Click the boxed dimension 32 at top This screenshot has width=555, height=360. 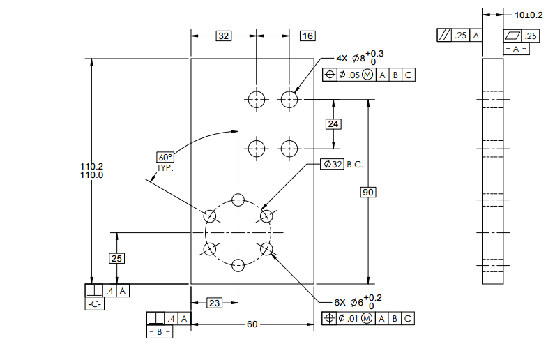pyautogui.click(x=223, y=36)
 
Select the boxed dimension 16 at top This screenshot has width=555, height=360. pyautogui.click(x=307, y=36)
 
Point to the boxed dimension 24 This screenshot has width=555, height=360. pyautogui.click(x=334, y=124)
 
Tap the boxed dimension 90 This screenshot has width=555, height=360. pyautogui.click(x=368, y=192)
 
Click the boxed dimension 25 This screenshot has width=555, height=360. pyautogui.click(x=117, y=258)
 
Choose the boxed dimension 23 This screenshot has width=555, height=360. pyautogui.click(x=215, y=303)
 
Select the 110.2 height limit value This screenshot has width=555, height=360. pyautogui.click(x=91, y=166)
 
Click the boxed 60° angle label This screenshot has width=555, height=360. pyautogui.click(x=165, y=157)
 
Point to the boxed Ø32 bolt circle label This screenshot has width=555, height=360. pyautogui.click(x=333, y=164)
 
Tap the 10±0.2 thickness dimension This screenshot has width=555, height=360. pyautogui.click(x=529, y=15)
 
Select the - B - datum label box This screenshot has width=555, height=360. pyautogui.click(x=160, y=332)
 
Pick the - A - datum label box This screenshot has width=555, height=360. pyautogui.click(x=516, y=50)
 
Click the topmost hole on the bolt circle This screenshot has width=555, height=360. pyautogui.click(x=238, y=198)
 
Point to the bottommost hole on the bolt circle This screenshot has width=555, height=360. pyautogui.click(x=238, y=264)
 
